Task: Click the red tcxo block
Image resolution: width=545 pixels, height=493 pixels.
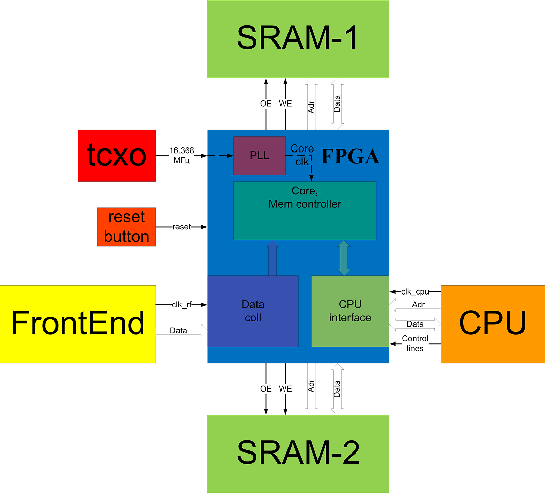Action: pos(116,156)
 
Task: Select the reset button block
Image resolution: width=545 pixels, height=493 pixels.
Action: pos(126,227)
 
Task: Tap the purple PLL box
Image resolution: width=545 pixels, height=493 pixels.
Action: pos(259,156)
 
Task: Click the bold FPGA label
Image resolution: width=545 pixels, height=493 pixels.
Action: pos(350,157)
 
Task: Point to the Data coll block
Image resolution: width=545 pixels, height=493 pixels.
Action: pos(253,311)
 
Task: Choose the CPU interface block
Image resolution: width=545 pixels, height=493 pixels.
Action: pos(350,311)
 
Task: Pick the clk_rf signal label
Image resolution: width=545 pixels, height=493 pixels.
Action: pos(182,305)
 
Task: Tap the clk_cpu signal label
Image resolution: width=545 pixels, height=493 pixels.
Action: pos(415,292)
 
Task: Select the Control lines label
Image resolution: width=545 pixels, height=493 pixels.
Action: pos(415,344)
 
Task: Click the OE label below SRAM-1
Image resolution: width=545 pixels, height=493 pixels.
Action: pos(266,104)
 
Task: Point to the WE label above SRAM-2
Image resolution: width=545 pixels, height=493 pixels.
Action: pos(285,389)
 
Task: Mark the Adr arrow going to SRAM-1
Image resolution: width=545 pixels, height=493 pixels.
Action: pos(311,104)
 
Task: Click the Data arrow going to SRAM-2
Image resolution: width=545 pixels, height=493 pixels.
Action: pos(337,389)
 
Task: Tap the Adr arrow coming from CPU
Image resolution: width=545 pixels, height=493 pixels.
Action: pos(415,305)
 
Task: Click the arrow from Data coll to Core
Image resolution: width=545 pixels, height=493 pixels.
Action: pos(272,258)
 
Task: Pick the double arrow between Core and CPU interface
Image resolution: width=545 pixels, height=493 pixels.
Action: pos(344,258)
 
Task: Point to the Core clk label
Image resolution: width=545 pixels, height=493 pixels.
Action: pos(302,155)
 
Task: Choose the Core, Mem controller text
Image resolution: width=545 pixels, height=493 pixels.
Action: pos(305,197)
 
